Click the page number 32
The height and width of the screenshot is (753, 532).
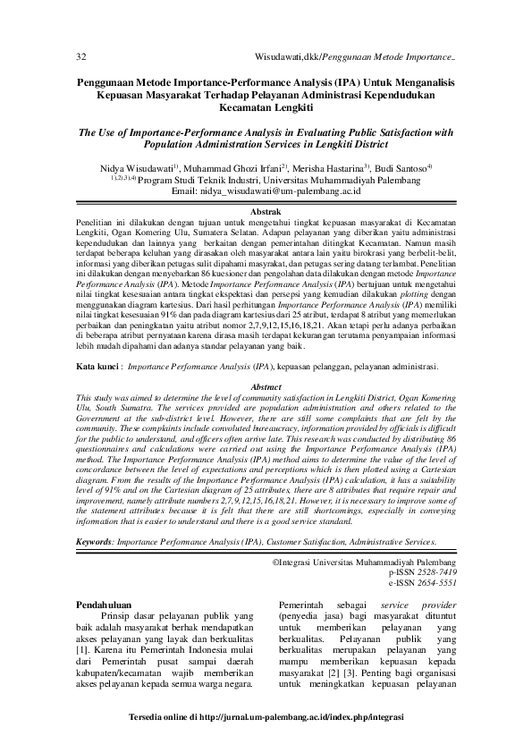(80, 56)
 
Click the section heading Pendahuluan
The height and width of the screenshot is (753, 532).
(106, 605)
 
